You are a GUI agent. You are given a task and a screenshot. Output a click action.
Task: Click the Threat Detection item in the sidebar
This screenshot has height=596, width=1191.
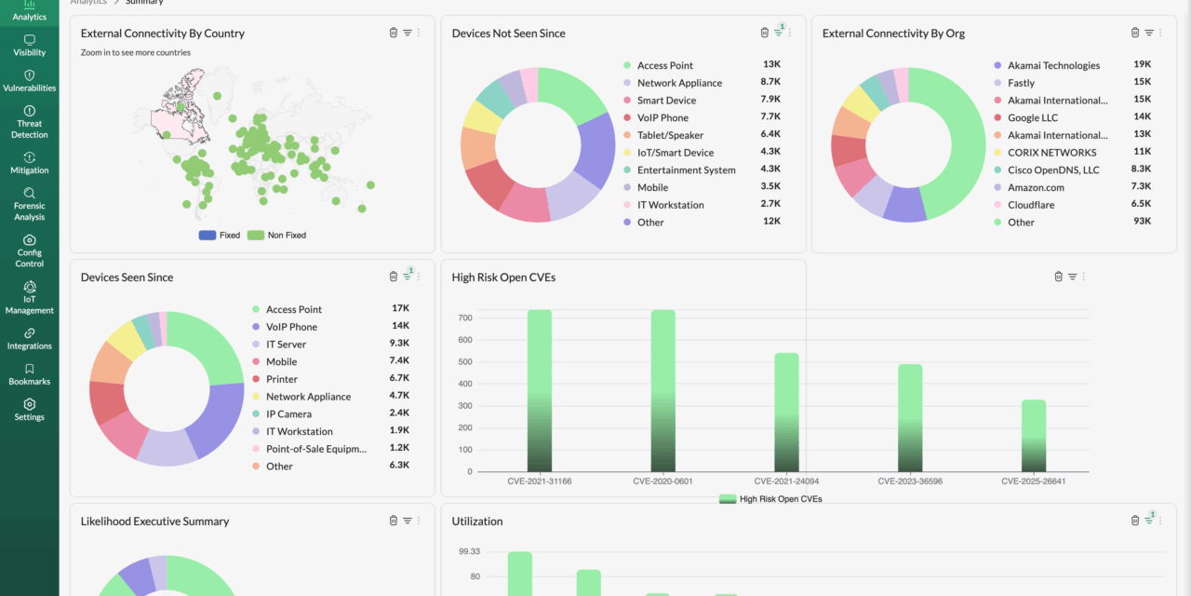[29, 122]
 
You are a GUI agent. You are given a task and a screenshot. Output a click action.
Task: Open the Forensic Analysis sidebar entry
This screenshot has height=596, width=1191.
[29, 204]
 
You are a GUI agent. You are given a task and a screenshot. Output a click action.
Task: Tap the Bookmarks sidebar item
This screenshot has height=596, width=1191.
[29, 374]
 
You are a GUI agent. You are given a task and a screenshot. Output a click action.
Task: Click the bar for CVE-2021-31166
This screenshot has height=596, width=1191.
[540, 391]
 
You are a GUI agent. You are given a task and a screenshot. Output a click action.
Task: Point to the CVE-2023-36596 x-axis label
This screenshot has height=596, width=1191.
[910, 481]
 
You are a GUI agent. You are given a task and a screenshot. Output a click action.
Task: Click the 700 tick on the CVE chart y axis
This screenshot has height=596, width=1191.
[465, 318]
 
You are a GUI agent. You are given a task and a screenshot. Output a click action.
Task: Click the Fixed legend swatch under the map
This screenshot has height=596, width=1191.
[207, 236]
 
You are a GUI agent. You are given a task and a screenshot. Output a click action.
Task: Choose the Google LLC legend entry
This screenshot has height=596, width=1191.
[1033, 118]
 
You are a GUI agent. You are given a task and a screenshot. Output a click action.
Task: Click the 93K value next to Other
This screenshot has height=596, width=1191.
[1142, 222]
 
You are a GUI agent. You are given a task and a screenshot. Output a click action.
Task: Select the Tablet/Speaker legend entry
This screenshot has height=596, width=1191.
[670, 135]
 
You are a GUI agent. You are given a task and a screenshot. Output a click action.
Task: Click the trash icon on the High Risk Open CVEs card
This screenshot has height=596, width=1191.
[1058, 277]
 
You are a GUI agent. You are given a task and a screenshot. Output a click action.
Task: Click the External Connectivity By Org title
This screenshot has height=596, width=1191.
[893, 34]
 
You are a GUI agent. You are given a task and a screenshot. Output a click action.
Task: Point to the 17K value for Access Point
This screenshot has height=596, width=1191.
[400, 308]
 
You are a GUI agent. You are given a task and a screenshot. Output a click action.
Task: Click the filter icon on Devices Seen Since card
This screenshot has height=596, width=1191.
[407, 277]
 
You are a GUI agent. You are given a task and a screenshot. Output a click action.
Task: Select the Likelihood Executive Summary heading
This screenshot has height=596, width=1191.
[154, 521]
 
